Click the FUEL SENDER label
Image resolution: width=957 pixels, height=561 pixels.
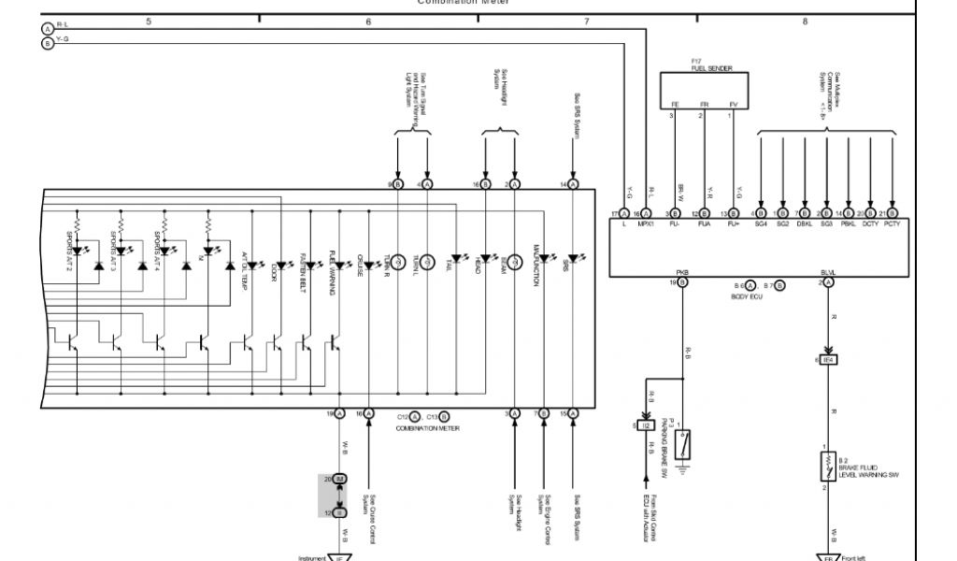(711, 68)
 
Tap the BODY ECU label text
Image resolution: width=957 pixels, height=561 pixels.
(747, 295)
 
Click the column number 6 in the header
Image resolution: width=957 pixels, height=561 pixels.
(368, 22)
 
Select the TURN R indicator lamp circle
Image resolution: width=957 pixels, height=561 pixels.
(397, 259)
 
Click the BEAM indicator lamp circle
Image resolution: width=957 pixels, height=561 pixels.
(514, 259)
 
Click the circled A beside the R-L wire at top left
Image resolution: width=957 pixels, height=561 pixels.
(48, 29)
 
